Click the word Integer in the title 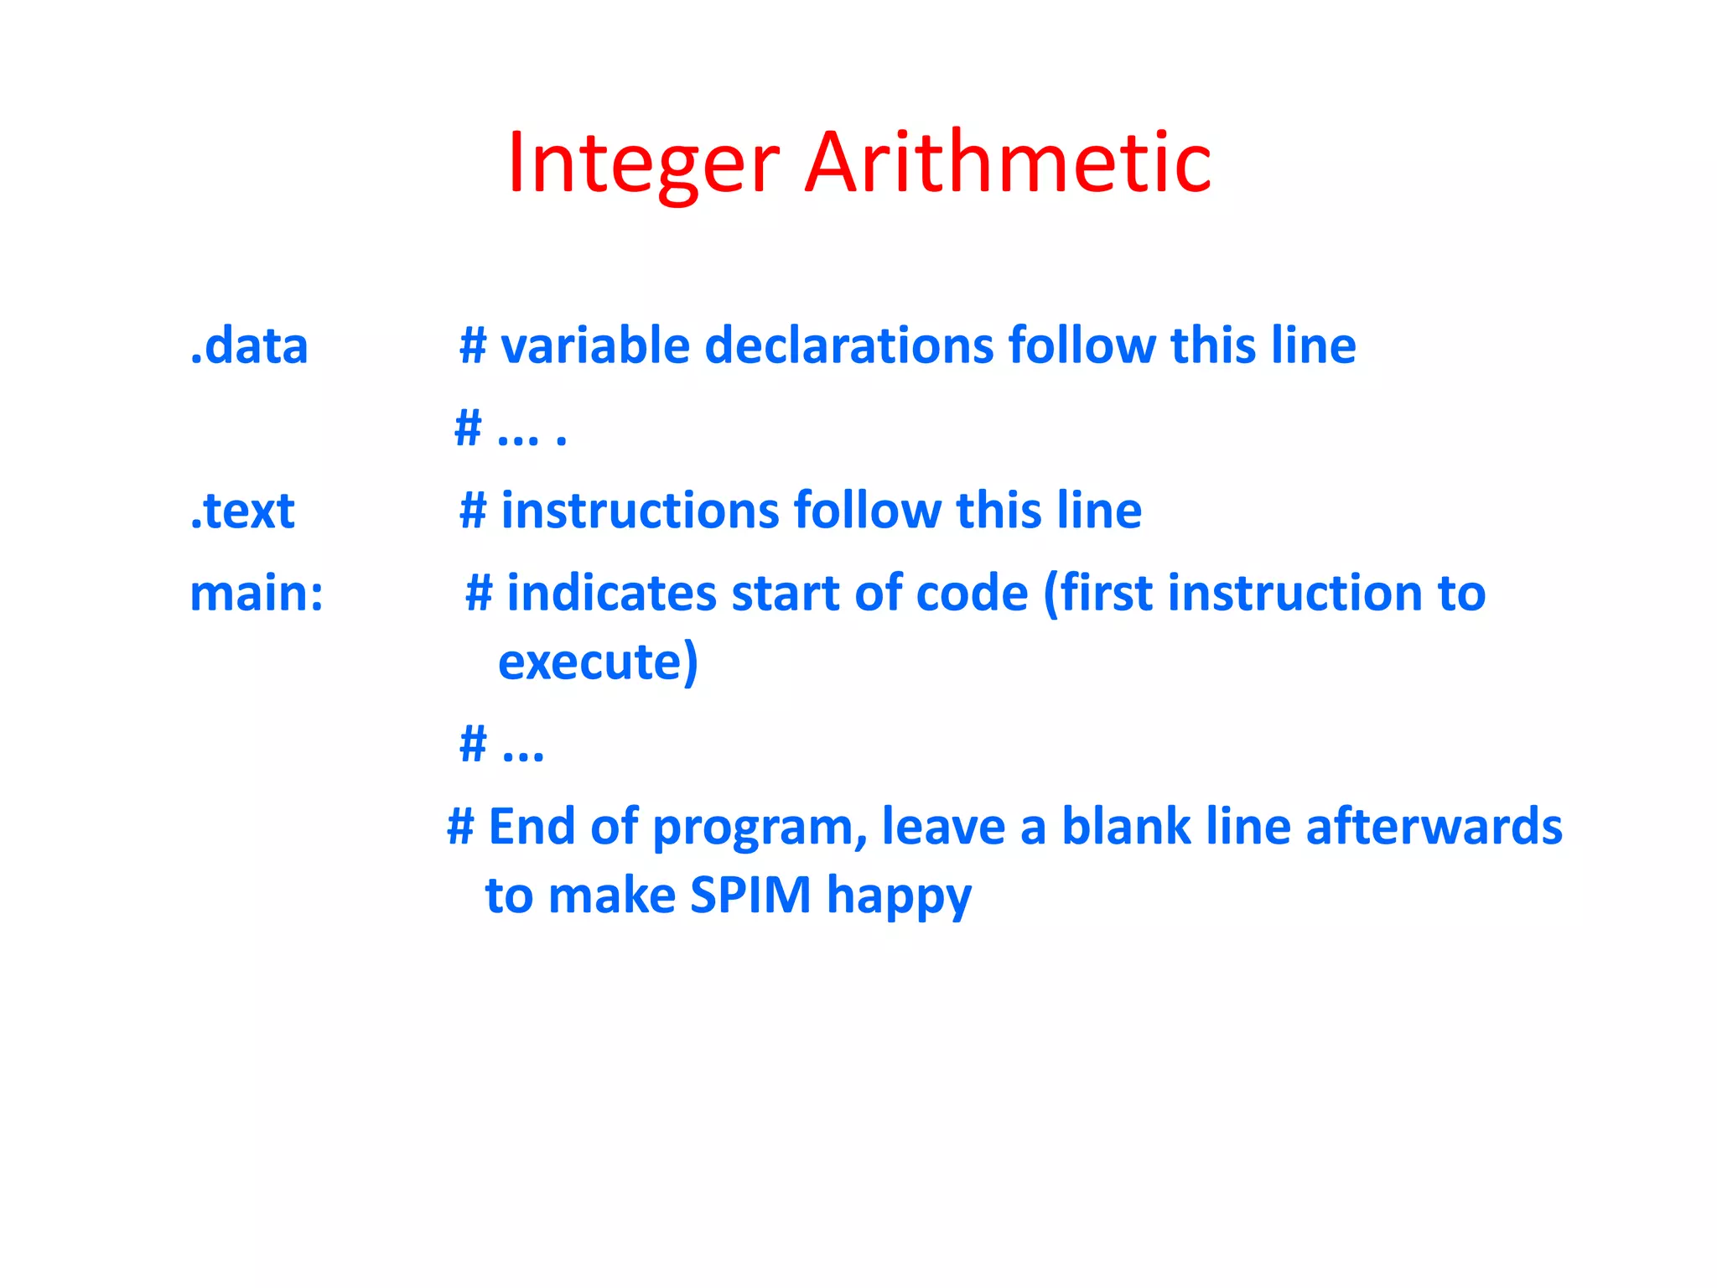[643, 164]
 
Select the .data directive [249, 345]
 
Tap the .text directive [242, 511]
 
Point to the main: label [257, 594]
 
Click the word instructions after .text [640, 511]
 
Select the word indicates [611, 594]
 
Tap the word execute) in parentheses [598, 662]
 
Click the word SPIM [750, 895]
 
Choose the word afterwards [1434, 826]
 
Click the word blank [1125, 826]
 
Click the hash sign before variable [473, 345]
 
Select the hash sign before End [460, 826]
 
